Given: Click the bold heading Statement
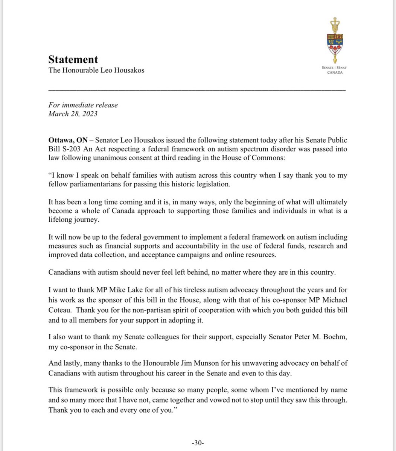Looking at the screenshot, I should point(73,59).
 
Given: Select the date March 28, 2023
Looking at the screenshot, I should point(73,114).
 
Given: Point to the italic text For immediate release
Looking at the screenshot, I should point(83,105).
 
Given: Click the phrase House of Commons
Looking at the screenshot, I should point(260,157).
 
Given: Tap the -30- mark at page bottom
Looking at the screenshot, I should point(198,443).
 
